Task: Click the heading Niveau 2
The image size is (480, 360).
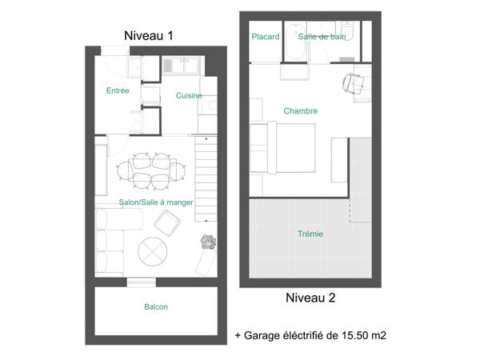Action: [310, 298]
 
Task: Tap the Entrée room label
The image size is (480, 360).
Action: [118, 91]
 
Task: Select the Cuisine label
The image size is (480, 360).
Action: [189, 96]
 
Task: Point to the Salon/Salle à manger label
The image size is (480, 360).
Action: [155, 203]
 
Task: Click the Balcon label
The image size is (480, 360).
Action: [156, 307]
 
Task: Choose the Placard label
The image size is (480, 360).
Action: [265, 37]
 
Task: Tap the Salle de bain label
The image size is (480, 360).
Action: [322, 37]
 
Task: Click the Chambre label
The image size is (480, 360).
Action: [301, 111]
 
